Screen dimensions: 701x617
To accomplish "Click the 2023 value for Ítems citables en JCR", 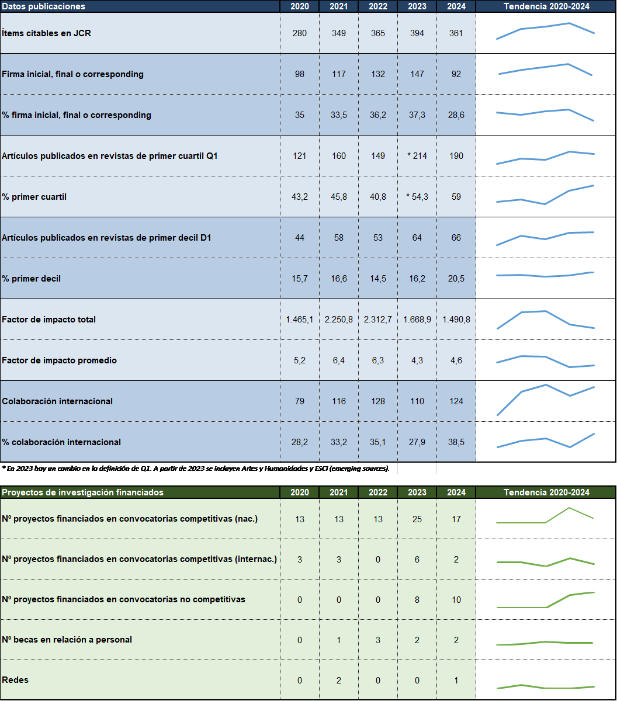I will [x=417, y=33].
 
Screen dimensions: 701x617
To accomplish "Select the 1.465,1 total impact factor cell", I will [x=300, y=320].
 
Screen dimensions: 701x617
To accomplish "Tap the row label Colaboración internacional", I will [x=57, y=401].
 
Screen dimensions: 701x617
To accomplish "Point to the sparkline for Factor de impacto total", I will [x=545, y=320].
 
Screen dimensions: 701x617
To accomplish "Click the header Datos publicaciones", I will [x=44, y=6].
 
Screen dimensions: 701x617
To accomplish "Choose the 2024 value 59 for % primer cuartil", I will [x=456, y=197].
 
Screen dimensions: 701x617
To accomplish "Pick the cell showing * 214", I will [x=417, y=156].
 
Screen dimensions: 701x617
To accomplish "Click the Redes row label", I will [x=15, y=680].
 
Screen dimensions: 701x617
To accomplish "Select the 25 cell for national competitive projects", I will [x=417, y=519].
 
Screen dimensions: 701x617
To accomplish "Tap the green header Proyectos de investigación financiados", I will [x=82, y=492].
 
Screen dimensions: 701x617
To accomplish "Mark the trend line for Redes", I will [x=545, y=686].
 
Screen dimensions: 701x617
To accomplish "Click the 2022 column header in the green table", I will [x=377, y=492].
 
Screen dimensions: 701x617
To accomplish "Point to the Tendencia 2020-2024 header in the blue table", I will [x=546, y=6].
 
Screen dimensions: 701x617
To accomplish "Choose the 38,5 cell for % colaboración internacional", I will [x=456, y=442].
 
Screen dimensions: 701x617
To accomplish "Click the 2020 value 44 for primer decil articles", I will [x=300, y=238].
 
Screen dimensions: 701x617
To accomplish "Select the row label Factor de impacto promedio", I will [x=59, y=360].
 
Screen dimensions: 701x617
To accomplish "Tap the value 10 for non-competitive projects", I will [x=456, y=600].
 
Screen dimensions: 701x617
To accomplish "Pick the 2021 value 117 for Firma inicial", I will [x=339, y=74].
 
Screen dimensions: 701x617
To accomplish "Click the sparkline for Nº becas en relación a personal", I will [x=545, y=643].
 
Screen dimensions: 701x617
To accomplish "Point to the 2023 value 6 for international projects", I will [x=417, y=560].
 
